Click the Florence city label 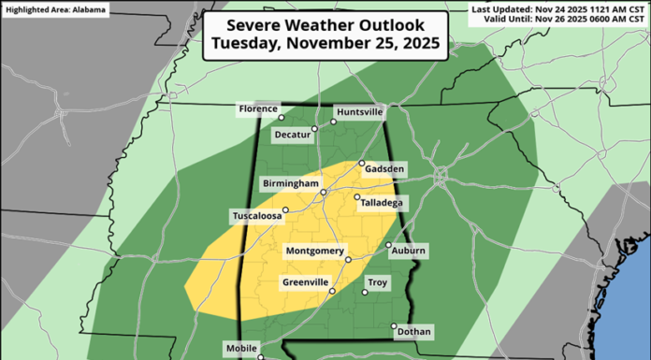pyautogui.click(x=258, y=108)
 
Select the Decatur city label pyautogui.click(x=291, y=135)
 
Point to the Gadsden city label pyautogui.click(x=386, y=168)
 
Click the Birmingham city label pyautogui.click(x=290, y=183)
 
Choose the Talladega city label pyautogui.click(x=382, y=202)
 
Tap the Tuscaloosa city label pyautogui.click(x=256, y=217)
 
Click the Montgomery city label pyautogui.click(x=315, y=252)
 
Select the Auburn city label pyautogui.click(x=409, y=252)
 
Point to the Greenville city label pyautogui.click(x=306, y=282)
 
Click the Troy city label pyautogui.click(x=378, y=282)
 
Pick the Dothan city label pyautogui.click(x=414, y=331)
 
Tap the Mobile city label pyautogui.click(x=242, y=349)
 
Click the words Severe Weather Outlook pyautogui.click(x=325, y=25)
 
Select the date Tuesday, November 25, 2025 pyautogui.click(x=325, y=42)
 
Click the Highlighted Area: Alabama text pyautogui.click(x=54, y=10)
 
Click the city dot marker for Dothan pyautogui.click(x=393, y=326)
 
